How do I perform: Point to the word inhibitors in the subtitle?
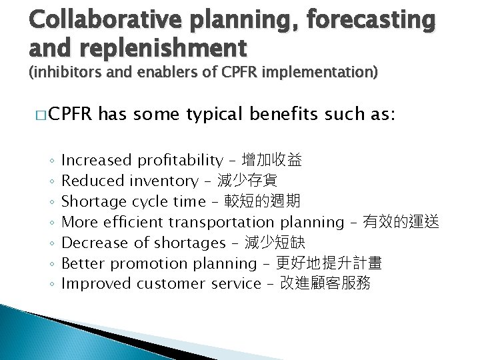[x=70, y=73]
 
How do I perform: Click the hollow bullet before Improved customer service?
[x=51, y=284]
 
